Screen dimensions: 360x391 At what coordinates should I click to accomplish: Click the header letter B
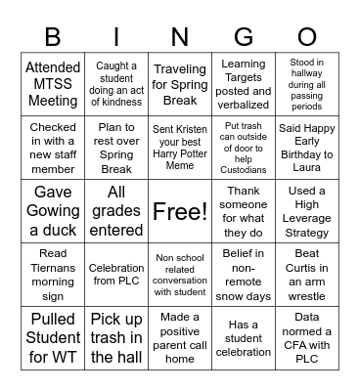53,36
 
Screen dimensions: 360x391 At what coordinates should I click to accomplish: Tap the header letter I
116,36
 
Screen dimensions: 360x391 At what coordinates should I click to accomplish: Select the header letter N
180,36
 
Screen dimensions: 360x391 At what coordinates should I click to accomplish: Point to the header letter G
244,36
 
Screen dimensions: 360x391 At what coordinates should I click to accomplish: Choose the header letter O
307,36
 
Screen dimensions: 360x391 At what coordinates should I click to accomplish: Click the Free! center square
180,210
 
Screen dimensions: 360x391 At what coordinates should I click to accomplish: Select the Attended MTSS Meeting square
53,85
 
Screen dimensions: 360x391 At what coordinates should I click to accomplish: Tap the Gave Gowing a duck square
53,210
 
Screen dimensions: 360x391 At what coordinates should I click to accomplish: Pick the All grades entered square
116,210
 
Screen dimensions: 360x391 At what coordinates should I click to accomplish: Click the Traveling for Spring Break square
180,85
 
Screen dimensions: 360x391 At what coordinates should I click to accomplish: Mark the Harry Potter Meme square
180,148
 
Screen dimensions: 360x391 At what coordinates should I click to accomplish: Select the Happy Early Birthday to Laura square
307,148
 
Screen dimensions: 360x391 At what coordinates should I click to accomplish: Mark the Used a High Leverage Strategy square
307,210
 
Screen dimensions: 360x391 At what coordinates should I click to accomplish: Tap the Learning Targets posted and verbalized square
244,85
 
